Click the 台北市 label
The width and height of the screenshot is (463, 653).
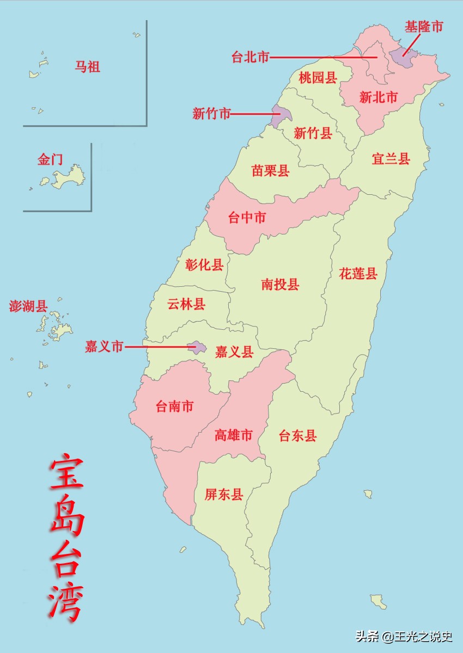[x=251, y=57]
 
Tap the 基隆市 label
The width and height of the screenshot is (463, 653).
[x=424, y=26]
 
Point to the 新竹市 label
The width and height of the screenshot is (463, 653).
[x=211, y=114]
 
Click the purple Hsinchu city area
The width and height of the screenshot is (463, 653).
[x=279, y=116]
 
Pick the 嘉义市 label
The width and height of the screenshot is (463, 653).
[x=104, y=346]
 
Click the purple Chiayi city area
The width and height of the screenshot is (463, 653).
[x=196, y=347]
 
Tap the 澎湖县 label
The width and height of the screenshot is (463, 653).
[x=28, y=306]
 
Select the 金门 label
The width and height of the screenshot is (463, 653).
[x=50, y=159]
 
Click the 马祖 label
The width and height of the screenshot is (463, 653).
[x=87, y=67]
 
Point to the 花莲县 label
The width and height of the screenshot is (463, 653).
[x=358, y=273]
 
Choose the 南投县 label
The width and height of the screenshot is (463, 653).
[x=280, y=284]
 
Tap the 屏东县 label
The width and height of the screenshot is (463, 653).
[x=224, y=494]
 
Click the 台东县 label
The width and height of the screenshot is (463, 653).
[x=298, y=435]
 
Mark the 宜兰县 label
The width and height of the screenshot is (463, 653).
[x=391, y=159]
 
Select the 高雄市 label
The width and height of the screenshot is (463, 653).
[x=233, y=435]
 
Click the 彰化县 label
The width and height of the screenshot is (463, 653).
[x=204, y=265]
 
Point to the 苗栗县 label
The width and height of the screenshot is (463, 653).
[x=270, y=171]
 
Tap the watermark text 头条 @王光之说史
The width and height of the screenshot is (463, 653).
[x=404, y=636]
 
